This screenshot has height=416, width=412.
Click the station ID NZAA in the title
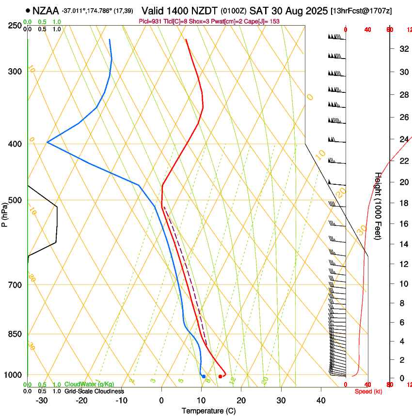coord(46,10)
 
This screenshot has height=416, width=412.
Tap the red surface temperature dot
coord(220,376)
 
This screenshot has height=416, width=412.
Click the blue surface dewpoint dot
coord(204,376)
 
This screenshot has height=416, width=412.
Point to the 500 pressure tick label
coord(15,200)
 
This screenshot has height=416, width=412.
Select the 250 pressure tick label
coord(15,26)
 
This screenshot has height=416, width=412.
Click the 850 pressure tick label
coord(15,334)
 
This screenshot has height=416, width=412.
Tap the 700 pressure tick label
coord(15,285)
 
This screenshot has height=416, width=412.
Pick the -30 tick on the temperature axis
coord(42,401)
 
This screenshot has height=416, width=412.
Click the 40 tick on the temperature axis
coord(321,401)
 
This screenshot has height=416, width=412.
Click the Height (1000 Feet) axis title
coord(378,206)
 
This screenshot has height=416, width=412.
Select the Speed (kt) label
coord(368,391)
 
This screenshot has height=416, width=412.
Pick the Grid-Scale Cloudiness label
coord(94,391)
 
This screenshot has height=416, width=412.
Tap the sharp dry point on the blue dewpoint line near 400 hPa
coord(47,142)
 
